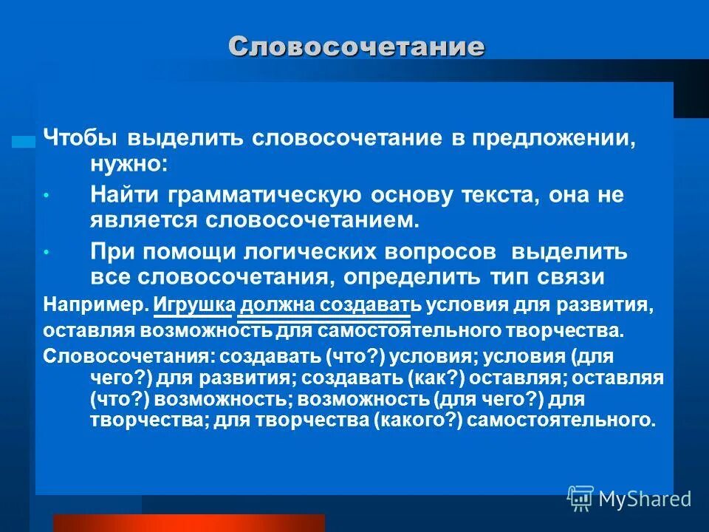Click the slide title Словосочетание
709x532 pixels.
click(356, 47)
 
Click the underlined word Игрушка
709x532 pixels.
click(195, 304)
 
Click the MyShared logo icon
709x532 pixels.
click(580, 499)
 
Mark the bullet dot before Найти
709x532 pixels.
click(46, 197)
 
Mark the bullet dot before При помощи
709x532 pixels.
click(46, 253)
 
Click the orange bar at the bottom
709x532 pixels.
click(188, 523)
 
